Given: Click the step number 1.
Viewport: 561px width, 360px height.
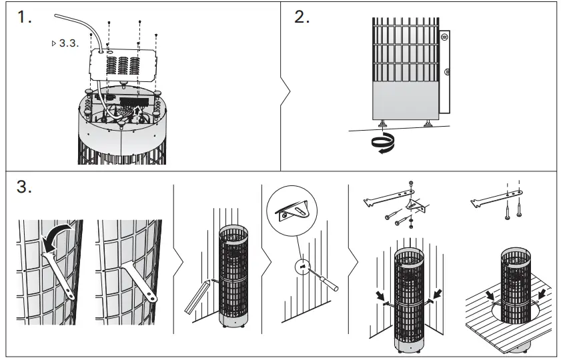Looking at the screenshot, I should click(25, 18).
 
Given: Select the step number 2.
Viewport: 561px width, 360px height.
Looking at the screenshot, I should click(302, 18).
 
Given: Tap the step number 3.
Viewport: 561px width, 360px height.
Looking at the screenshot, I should click(25, 187).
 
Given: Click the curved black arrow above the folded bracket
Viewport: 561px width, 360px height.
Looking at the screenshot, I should click(54, 234).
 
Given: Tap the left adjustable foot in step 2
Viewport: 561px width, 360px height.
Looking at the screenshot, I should click(384, 123).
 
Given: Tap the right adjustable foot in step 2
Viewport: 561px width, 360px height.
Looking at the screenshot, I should click(427, 123).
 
